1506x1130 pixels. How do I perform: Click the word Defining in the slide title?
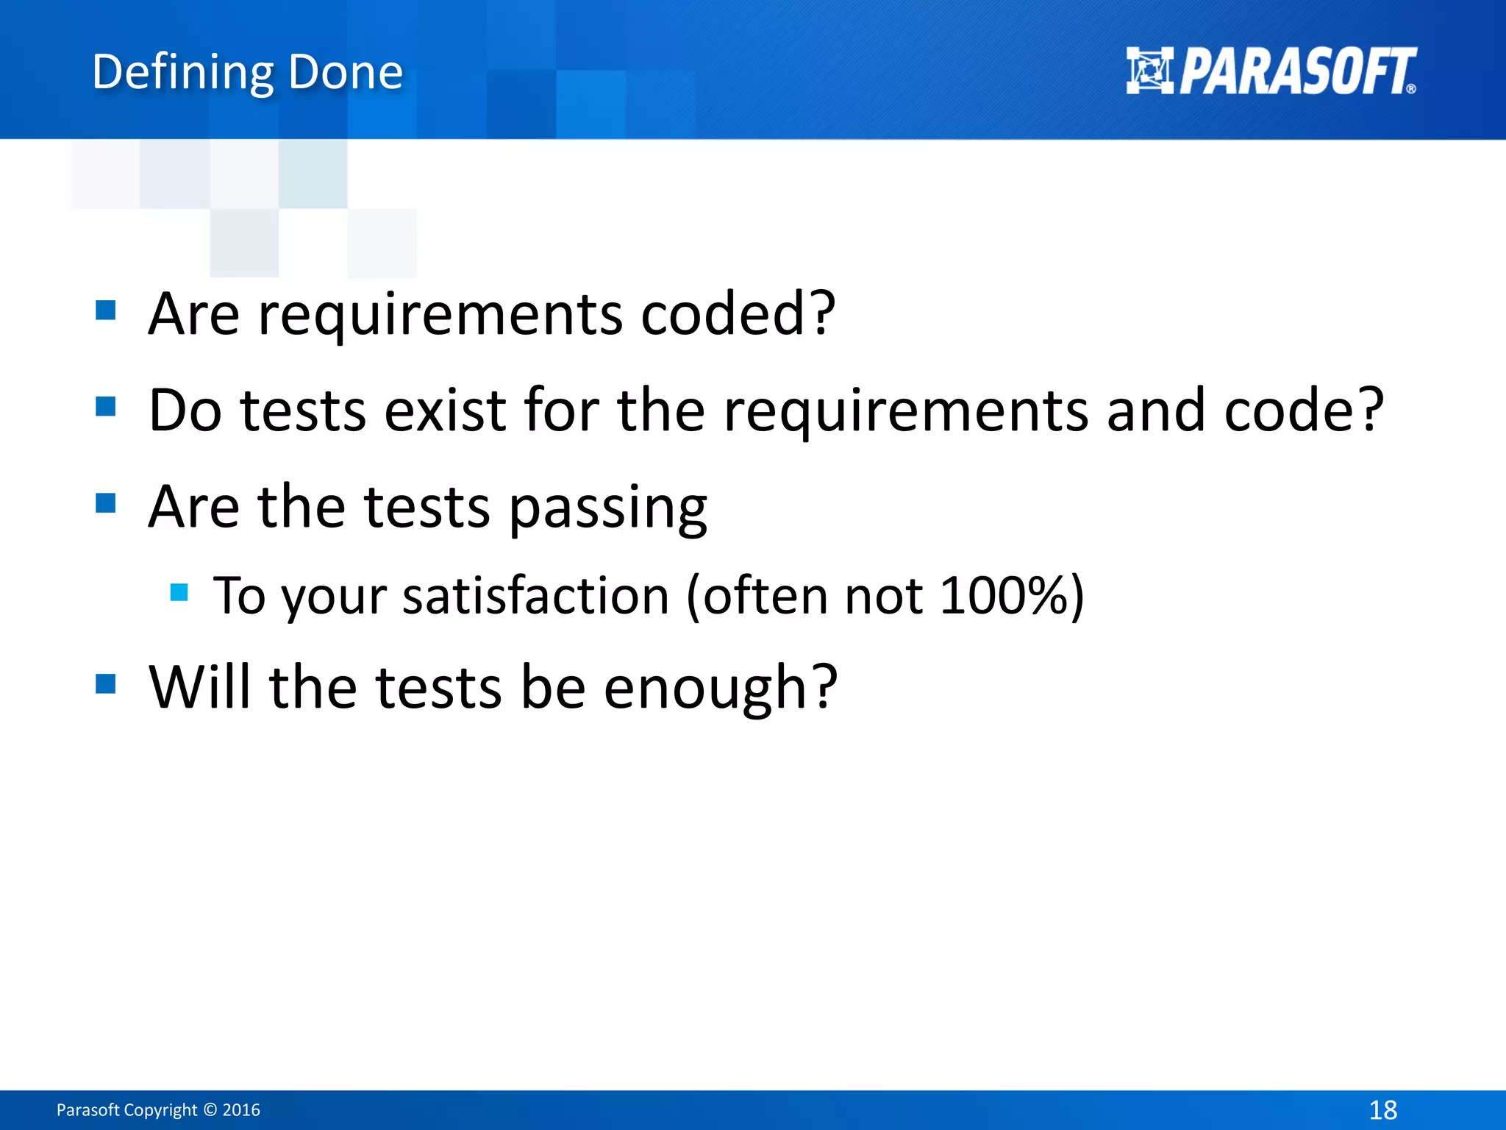pos(180,73)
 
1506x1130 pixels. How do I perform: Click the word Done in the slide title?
pos(346,73)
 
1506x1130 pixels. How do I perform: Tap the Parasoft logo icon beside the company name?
pos(1149,71)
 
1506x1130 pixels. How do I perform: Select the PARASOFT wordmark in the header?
pos(1297,71)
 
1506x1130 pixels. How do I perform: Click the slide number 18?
pos(1382,1109)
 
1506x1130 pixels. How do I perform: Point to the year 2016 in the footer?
pos(241,1109)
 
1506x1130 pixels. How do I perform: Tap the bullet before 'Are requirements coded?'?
pos(106,310)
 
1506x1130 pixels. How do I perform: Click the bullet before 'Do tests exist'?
pos(106,406)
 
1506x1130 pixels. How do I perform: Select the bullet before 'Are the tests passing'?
pos(106,503)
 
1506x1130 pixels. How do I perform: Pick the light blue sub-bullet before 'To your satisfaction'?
pos(179,592)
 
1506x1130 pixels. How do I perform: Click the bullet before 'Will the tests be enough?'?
pos(106,684)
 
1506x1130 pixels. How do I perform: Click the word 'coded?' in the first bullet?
pos(738,313)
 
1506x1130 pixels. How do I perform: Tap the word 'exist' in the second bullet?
pos(444,410)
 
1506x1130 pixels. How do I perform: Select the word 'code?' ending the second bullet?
pos(1304,410)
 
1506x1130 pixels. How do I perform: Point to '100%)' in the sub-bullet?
pos(1012,595)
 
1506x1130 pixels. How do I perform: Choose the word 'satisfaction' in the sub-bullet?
pos(535,595)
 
